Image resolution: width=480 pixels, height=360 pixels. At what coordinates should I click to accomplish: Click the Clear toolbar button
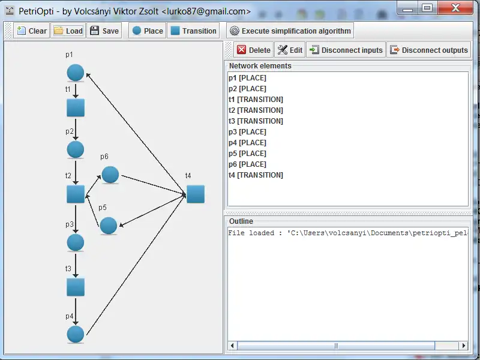[x=31, y=31]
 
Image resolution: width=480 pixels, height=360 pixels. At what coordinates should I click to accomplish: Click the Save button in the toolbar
[x=104, y=31]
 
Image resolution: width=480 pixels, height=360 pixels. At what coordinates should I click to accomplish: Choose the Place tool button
[x=147, y=31]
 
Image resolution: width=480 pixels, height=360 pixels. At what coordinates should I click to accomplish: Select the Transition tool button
[x=193, y=31]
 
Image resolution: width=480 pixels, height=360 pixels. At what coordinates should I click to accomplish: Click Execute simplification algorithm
[x=290, y=31]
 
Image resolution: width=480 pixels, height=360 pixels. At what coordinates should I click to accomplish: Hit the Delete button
[x=253, y=50]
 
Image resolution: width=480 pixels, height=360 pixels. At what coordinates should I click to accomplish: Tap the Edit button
[x=290, y=50]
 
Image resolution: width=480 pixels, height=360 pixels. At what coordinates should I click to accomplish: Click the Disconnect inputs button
[x=346, y=50]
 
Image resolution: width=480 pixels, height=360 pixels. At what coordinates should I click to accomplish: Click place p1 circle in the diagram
[x=76, y=73]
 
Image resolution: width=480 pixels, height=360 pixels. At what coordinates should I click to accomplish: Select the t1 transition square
[x=76, y=108]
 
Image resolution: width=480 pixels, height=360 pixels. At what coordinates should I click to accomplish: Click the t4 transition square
[x=196, y=194]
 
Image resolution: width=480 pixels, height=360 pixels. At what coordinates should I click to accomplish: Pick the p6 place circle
[x=110, y=175]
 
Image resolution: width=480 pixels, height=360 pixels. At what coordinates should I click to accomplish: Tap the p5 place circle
[x=109, y=226]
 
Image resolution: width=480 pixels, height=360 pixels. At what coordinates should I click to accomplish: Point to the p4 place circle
[x=76, y=334]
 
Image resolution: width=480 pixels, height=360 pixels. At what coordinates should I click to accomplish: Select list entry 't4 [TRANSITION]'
[x=256, y=175]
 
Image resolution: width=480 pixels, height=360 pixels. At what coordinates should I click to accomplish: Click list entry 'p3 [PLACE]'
[x=247, y=132]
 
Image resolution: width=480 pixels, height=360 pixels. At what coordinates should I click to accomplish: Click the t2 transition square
[x=76, y=194]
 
